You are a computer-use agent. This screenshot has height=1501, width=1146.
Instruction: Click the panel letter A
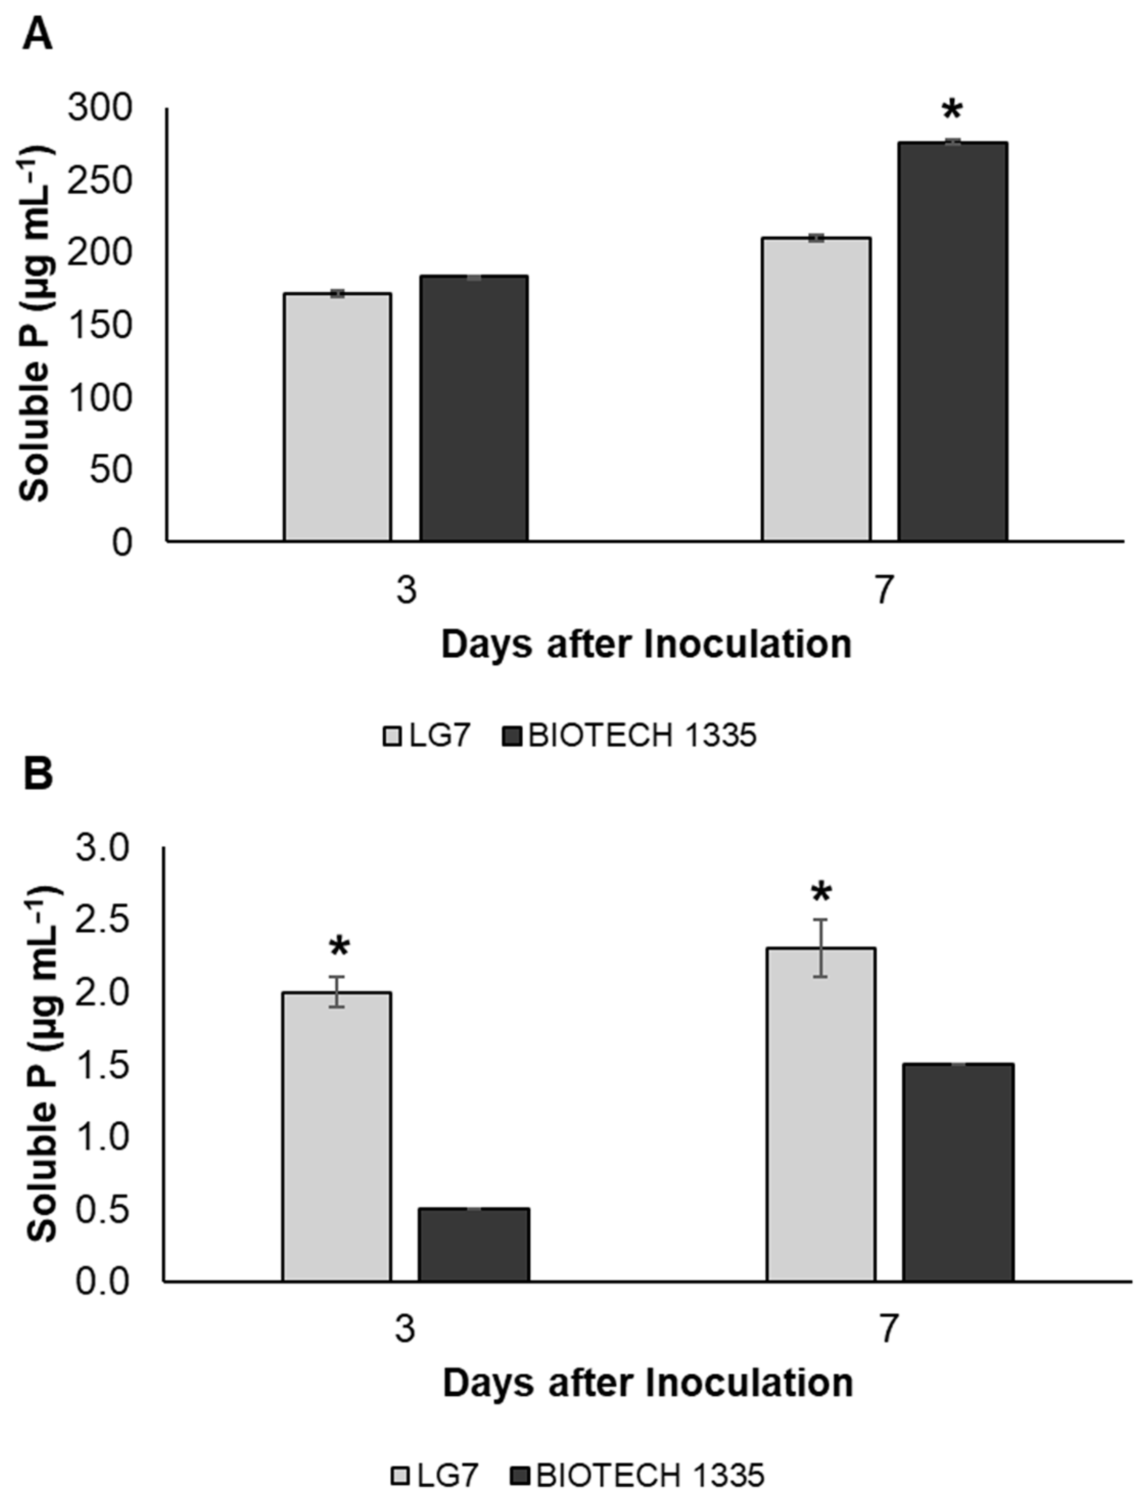pyautogui.click(x=37, y=35)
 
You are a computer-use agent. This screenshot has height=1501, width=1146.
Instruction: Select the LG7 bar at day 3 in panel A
pyautogui.click(x=338, y=417)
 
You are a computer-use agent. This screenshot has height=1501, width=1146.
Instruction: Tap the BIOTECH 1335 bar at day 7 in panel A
pyautogui.click(x=952, y=341)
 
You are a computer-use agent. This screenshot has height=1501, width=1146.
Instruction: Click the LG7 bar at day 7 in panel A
pyautogui.click(x=816, y=389)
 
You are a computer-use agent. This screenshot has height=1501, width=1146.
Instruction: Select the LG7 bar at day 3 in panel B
pyautogui.click(x=337, y=1137)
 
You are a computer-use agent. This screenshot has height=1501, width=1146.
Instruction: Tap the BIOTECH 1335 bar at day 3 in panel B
pyautogui.click(x=474, y=1244)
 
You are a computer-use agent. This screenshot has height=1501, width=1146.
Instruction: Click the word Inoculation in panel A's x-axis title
pyautogui.click(x=747, y=644)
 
